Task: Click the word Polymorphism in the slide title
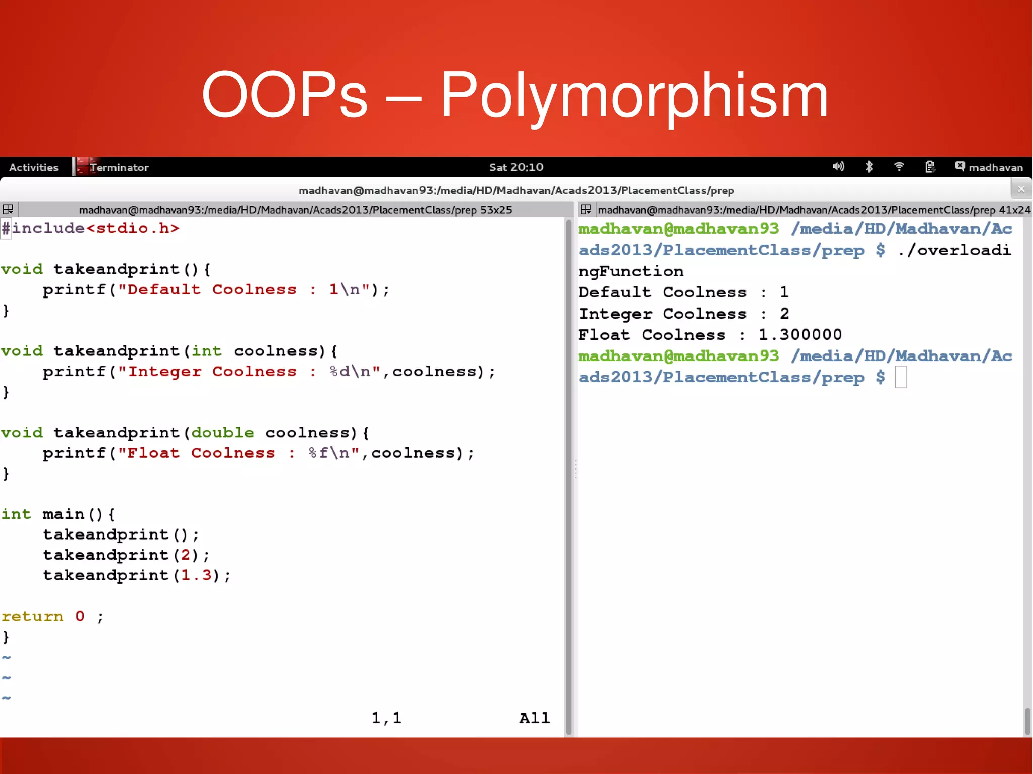coord(635,96)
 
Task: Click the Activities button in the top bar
coord(33,167)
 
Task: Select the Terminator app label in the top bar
coord(119,167)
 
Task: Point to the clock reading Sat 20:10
coord(516,167)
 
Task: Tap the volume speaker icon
coord(838,167)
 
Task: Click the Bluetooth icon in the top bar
coord(869,167)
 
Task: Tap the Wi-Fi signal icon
coord(899,167)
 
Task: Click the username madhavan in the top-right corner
coord(996,167)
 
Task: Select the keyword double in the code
coord(222,433)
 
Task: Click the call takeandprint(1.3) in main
coord(136,575)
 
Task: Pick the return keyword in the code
coord(32,616)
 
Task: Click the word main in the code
coord(63,514)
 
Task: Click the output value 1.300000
coord(800,334)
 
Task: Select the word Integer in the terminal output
coord(615,314)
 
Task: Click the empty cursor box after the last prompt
coord(901,377)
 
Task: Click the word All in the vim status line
coord(534,718)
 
